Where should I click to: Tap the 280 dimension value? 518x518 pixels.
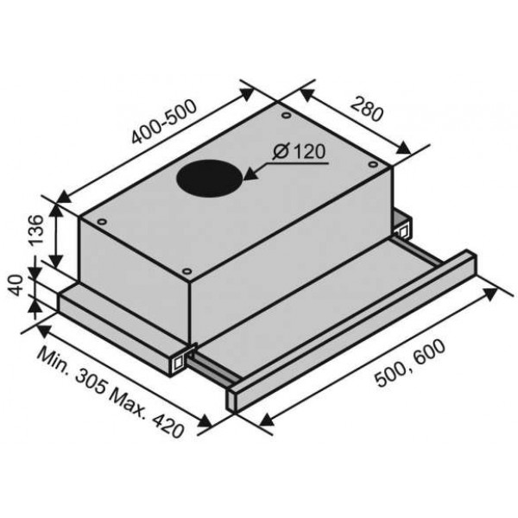(367, 110)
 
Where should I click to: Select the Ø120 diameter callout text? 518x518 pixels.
(300, 152)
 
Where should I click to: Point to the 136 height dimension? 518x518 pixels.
(36, 230)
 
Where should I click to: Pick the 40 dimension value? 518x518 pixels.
(16, 286)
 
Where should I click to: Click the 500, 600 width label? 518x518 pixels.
(411, 363)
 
